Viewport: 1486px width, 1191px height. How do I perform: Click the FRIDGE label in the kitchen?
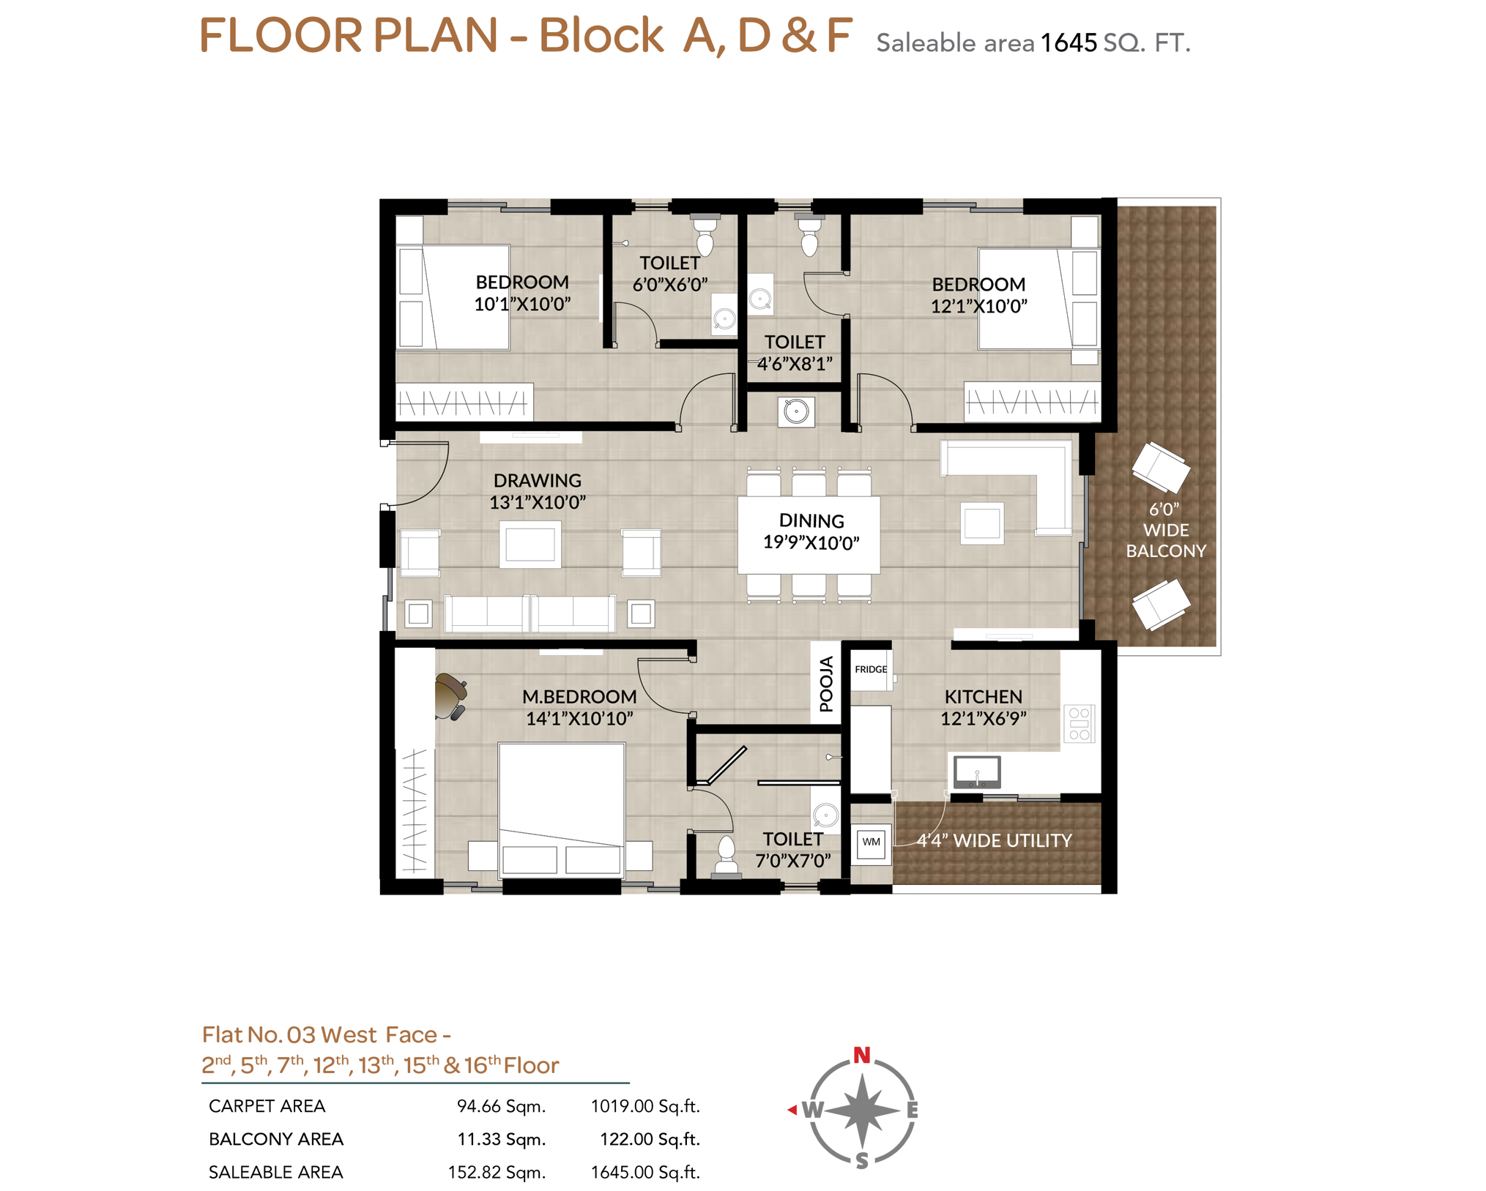click(870, 669)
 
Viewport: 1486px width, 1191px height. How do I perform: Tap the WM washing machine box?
click(871, 843)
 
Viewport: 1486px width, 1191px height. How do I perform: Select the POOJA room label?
click(826, 684)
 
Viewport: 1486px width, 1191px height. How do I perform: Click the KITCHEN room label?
click(983, 696)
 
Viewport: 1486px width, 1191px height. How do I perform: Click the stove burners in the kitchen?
click(1079, 723)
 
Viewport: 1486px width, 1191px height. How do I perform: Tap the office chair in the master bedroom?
click(450, 696)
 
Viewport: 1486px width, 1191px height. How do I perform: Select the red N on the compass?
click(861, 1055)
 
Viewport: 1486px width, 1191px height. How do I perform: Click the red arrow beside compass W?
click(792, 1110)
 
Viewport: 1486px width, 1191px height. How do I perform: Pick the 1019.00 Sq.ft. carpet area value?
click(645, 1106)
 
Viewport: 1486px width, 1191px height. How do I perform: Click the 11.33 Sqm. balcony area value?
click(502, 1139)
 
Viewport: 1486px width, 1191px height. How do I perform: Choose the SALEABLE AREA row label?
click(275, 1172)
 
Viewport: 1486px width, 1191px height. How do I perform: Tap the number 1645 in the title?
click(1069, 43)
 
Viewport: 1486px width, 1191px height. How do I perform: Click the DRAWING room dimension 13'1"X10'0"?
click(538, 502)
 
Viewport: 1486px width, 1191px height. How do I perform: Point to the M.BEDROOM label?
click(579, 696)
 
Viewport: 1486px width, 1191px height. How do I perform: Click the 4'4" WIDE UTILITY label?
click(994, 840)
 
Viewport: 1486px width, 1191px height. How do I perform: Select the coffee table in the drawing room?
click(530, 545)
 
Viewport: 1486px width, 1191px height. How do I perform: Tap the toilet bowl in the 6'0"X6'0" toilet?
click(705, 234)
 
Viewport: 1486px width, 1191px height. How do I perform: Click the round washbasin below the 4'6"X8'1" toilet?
click(796, 411)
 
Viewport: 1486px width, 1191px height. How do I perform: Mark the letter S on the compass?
click(862, 1160)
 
